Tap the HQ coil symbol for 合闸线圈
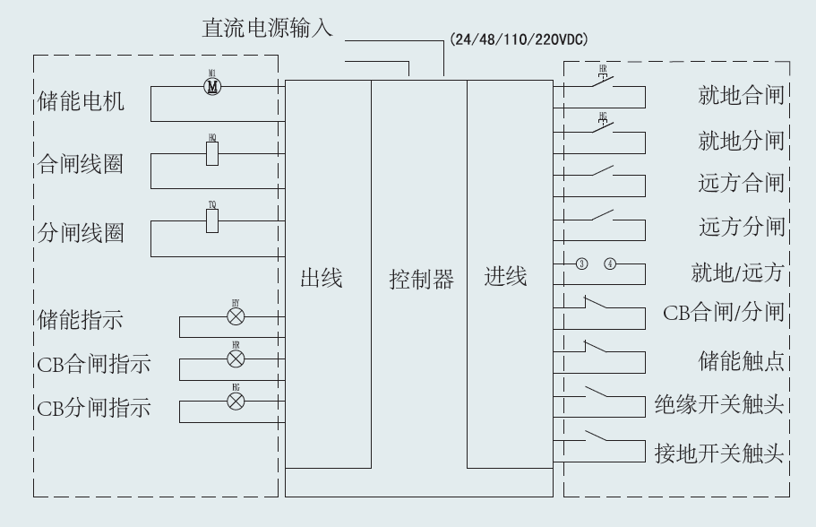coord(212,154)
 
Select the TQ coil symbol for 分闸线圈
coord(212,221)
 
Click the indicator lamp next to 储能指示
coord(236,317)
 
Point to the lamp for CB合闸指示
coord(236,359)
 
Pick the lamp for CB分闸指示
coord(236,401)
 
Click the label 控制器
coord(421,279)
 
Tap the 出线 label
coord(322,279)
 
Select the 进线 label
coord(506,277)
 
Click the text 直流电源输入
coord(266,30)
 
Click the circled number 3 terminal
coord(582,263)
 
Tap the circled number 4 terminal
coord(611,263)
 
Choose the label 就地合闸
coord(741,96)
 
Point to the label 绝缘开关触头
coord(719,405)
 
